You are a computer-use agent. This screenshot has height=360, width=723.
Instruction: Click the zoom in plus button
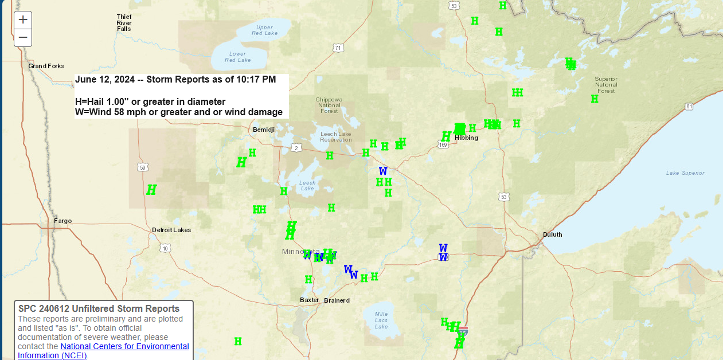click(23, 19)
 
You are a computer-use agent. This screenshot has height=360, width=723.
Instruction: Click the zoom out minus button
click(23, 38)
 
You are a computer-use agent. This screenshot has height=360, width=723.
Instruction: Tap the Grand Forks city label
click(46, 66)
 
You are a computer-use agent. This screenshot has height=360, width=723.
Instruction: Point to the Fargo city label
click(62, 221)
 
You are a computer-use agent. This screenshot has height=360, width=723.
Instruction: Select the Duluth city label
click(552, 234)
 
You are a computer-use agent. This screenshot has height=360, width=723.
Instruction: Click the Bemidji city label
click(264, 130)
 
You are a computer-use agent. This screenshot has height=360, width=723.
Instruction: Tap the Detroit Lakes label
click(171, 230)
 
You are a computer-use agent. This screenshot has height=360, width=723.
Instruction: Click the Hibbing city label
click(466, 138)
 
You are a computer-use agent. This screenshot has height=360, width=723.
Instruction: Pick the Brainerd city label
click(337, 300)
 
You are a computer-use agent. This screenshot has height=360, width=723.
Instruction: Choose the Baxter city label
click(309, 300)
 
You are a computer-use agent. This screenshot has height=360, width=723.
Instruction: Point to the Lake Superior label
click(685, 173)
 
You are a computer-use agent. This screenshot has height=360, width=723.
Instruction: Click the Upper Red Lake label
click(264, 30)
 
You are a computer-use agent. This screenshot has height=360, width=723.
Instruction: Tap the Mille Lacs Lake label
click(381, 320)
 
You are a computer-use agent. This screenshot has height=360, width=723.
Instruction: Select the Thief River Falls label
click(124, 22)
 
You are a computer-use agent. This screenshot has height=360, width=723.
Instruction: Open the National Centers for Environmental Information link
click(124, 347)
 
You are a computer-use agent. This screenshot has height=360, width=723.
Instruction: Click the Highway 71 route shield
click(338, 48)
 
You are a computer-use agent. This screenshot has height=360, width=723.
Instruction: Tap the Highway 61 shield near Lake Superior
click(689, 107)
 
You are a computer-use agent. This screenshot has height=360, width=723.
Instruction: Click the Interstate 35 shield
click(463, 331)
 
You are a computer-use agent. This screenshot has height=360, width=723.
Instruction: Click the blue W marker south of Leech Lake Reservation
click(383, 171)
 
